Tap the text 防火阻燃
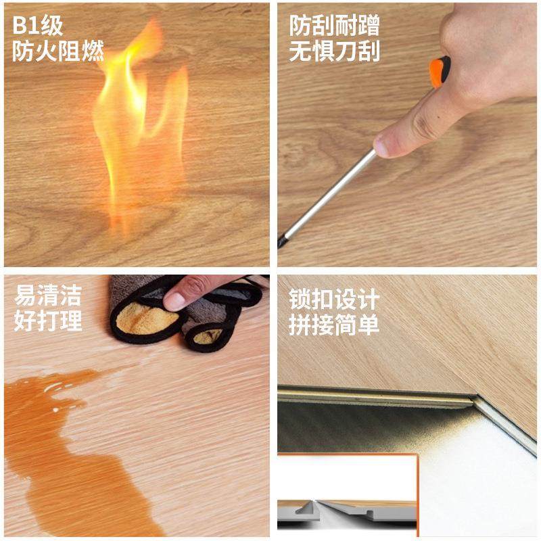(57, 52)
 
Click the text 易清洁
(47, 296)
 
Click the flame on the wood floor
(139, 115)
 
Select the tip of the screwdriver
(281, 241)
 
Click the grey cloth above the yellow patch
(132, 287)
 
